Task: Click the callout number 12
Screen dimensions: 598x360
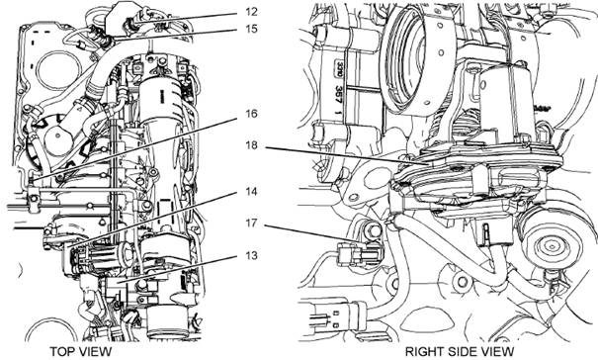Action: pyautogui.click(x=251, y=12)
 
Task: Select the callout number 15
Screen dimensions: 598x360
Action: pyautogui.click(x=251, y=29)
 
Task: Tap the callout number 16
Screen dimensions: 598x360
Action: pyautogui.click(x=251, y=114)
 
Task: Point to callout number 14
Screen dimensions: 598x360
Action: pyautogui.click(x=251, y=191)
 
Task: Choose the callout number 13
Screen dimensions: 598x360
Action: pyautogui.click(x=251, y=255)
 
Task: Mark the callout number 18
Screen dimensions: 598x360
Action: pyautogui.click(x=251, y=145)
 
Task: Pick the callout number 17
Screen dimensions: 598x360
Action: pyautogui.click(x=251, y=223)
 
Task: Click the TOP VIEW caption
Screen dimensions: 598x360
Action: pyautogui.click(x=81, y=351)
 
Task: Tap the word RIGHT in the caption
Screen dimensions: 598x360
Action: pyautogui.click(x=424, y=351)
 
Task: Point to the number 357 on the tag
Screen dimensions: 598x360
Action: pyautogui.click(x=338, y=94)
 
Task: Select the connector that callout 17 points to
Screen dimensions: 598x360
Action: pyautogui.click(x=358, y=252)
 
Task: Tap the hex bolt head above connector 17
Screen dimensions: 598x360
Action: pyautogui.click(x=374, y=230)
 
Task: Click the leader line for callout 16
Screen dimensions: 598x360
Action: pyautogui.click(x=133, y=148)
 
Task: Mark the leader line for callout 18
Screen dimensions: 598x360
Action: pyautogui.click(x=347, y=155)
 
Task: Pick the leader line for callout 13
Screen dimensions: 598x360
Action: pyautogui.click(x=177, y=269)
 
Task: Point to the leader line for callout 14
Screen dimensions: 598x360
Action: pyautogui.click(x=152, y=220)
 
